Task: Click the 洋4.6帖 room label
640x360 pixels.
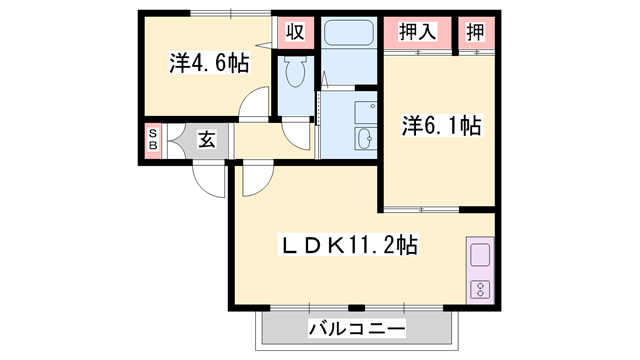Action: [208, 63]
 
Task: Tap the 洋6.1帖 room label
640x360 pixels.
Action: [442, 126]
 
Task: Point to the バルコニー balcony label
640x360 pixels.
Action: [356, 327]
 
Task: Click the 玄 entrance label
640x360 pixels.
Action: [205, 139]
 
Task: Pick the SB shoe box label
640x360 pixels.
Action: [153, 139]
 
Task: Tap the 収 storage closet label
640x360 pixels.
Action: [294, 30]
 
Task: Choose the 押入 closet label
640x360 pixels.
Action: [417, 31]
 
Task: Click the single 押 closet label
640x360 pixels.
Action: [476, 31]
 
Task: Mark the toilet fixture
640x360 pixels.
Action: [295, 72]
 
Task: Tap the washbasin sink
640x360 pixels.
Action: [362, 137]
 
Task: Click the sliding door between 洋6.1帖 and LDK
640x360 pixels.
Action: [420, 208]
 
